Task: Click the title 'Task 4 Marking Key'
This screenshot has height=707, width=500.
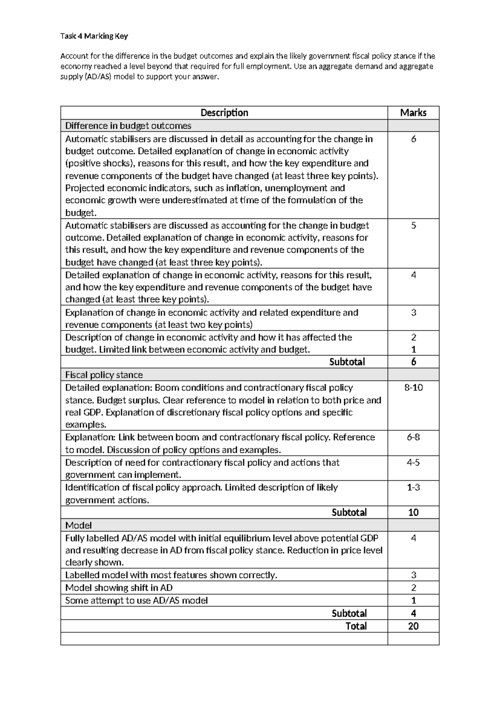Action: click(94, 36)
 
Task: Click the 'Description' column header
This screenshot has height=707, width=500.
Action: click(224, 113)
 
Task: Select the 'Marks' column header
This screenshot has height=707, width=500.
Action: click(413, 113)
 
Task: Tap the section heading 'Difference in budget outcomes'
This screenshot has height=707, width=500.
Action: click(128, 126)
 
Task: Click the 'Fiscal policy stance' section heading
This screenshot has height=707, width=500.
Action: click(104, 375)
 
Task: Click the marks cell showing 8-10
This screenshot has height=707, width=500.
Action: click(413, 388)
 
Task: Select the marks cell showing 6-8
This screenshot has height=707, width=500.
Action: click(413, 437)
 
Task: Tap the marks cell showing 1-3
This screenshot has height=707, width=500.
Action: click(413, 487)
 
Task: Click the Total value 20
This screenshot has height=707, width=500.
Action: click(413, 626)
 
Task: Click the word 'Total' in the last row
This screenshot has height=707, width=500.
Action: click(356, 626)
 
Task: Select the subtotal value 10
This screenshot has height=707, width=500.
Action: click(413, 513)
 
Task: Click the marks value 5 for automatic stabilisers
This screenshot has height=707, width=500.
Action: click(413, 226)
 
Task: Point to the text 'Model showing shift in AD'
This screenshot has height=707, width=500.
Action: click(119, 588)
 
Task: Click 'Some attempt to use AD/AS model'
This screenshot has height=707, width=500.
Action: click(137, 601)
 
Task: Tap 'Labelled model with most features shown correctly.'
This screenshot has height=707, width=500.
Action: click(171, 575)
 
